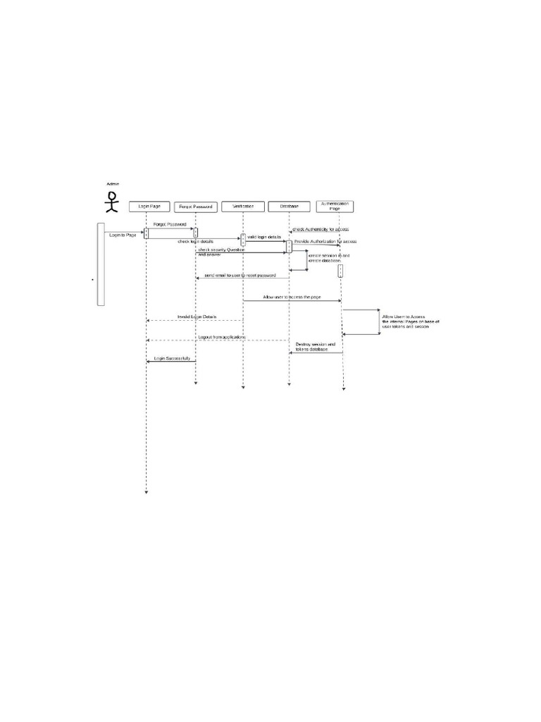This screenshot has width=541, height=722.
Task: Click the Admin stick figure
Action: [111, 201]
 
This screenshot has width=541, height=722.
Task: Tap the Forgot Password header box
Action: [195, 207]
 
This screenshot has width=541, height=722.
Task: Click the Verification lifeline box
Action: [242, 207]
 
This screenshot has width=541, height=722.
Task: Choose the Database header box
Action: [289, 207]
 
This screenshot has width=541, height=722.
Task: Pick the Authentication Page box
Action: [335, 206]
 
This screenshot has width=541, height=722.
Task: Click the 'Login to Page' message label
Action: [123, 235]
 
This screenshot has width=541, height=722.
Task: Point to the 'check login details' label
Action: [195, 242]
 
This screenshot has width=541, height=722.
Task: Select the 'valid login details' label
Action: [264, 236]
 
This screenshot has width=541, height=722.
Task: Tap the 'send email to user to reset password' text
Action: [240, 275]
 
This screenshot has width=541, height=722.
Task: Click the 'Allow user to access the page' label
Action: [292, 298]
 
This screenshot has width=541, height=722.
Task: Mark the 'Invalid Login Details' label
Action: [197, 317]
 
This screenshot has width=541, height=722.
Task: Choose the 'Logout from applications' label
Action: [221, 337]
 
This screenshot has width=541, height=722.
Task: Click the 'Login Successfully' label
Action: [171, 358]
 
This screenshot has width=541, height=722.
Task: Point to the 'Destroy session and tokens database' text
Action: [315, 347]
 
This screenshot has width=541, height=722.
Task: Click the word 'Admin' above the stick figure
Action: [113, 184]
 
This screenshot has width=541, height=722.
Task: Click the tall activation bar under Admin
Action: [101, 264]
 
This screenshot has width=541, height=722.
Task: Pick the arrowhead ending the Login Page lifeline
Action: [147, 493]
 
